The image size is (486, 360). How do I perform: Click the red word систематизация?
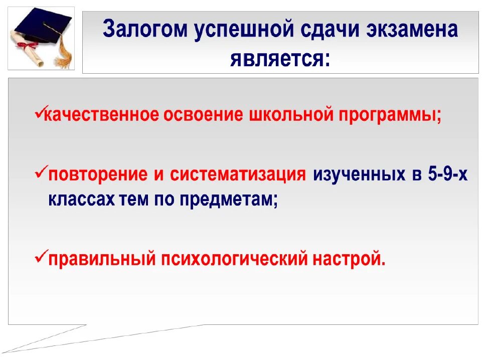[x=238, y=175]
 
